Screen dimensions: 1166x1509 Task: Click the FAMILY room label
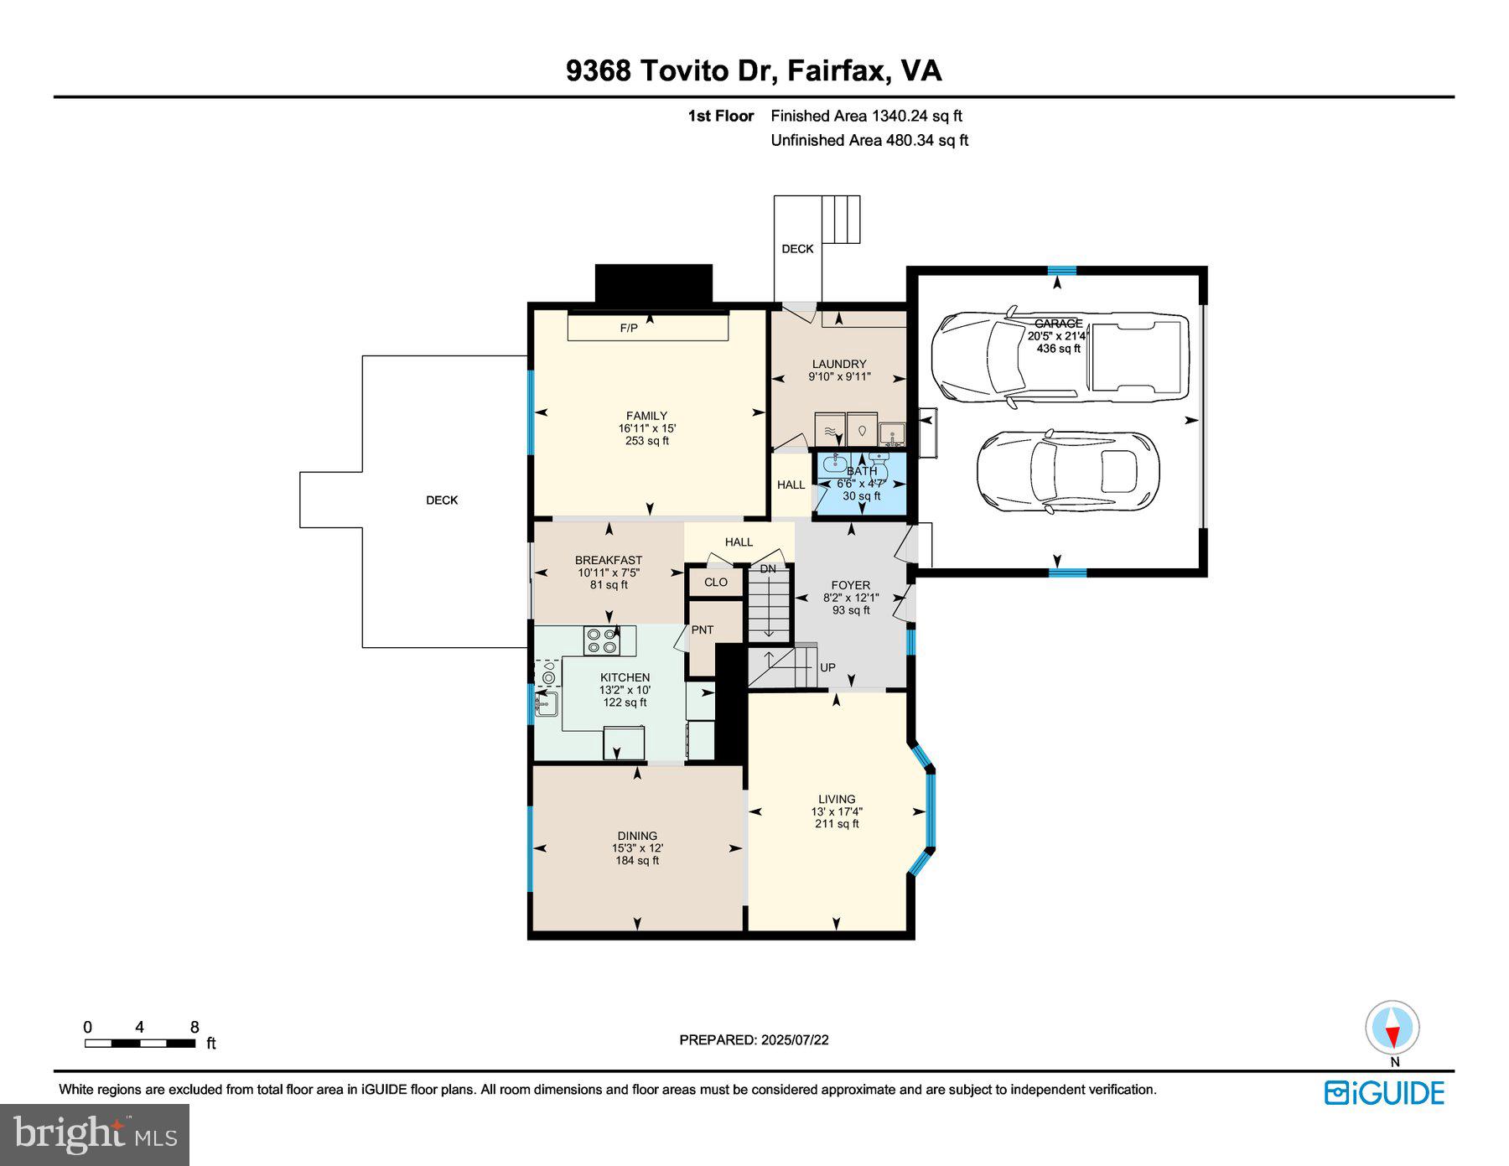coord(646,416)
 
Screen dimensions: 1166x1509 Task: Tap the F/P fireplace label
coord(629,328)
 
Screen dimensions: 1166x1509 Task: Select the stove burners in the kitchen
coord(602,641)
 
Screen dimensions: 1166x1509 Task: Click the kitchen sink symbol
coord(547,704)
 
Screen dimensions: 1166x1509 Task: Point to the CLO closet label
coord(715,582)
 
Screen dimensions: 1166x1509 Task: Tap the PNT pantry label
coord(703,630)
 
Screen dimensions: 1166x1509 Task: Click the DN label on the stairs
coord(768,569)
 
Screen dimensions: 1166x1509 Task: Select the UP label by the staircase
coord(827,667)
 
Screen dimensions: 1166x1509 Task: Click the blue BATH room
coord(862,484)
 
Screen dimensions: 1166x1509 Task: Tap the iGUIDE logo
coord(1384,1093)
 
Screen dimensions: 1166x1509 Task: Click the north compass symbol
coord(1392,1029)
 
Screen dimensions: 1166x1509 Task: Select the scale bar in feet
coord(140,1044)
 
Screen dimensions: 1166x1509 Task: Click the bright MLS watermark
coord(95,1135)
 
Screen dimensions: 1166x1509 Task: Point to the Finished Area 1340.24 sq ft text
coord(866,117)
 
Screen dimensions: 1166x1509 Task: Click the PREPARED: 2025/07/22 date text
coord(754,1039)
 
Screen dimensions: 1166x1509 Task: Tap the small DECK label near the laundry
coord(797,249)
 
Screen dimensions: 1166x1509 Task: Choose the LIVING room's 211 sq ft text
coord(837,824)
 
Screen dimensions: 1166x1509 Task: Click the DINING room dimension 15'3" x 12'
coord(637,848)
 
